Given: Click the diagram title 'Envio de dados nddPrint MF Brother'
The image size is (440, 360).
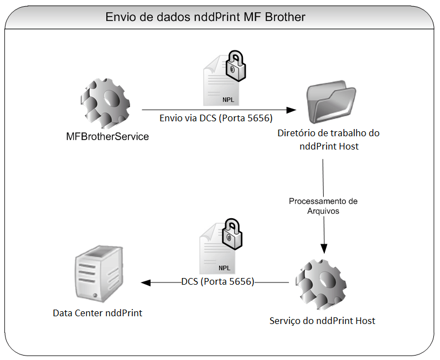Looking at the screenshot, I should pos(205,17).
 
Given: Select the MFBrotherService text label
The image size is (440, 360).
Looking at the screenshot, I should pos(107,136).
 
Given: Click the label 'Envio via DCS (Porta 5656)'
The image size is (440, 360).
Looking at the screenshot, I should pos(216,118).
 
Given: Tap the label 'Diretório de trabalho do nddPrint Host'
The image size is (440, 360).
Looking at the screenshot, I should pos(328,140).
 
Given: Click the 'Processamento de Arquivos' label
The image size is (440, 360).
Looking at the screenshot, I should pos(323,206).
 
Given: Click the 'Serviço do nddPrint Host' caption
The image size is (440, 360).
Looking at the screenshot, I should pos(323,321).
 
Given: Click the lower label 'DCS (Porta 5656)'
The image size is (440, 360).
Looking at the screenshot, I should pos(218,281).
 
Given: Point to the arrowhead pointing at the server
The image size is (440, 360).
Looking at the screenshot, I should pos(146,282).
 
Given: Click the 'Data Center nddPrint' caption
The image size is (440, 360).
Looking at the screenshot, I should pos(97,313).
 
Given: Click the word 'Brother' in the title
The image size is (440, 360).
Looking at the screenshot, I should pos(284,17).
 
